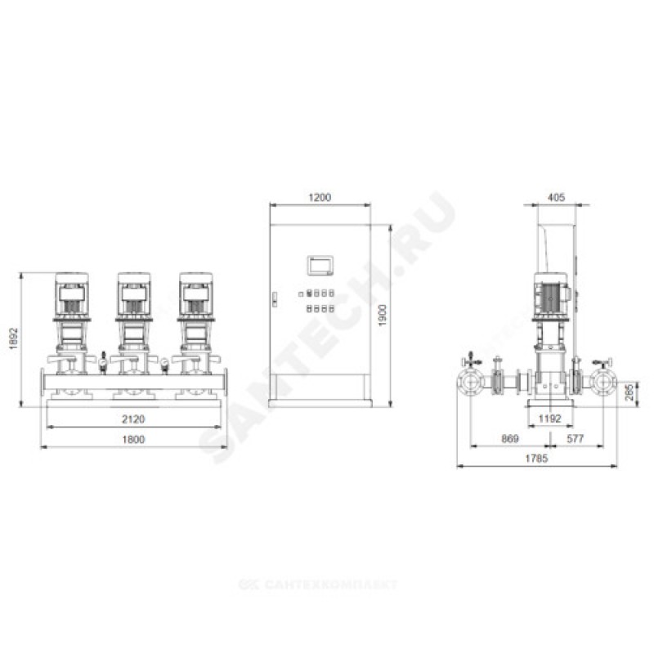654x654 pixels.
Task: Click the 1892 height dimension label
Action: click(x=14, y=338)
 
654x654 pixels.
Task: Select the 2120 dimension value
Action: click(x=133, y=419)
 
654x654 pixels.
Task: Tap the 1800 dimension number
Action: click(x=133, y=440)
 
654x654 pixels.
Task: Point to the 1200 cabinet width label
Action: click(x=320, y=197)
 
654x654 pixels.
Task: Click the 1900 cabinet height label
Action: click(x=383, y=316)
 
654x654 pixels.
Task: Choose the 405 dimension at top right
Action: click(x=556, y=197)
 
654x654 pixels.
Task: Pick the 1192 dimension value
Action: click(x=549, y=419)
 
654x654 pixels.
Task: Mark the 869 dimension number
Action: click(x=509, y=439)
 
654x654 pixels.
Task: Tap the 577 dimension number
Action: click(x=576, y=439)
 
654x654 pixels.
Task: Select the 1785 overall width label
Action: click(x=536, y=459)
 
